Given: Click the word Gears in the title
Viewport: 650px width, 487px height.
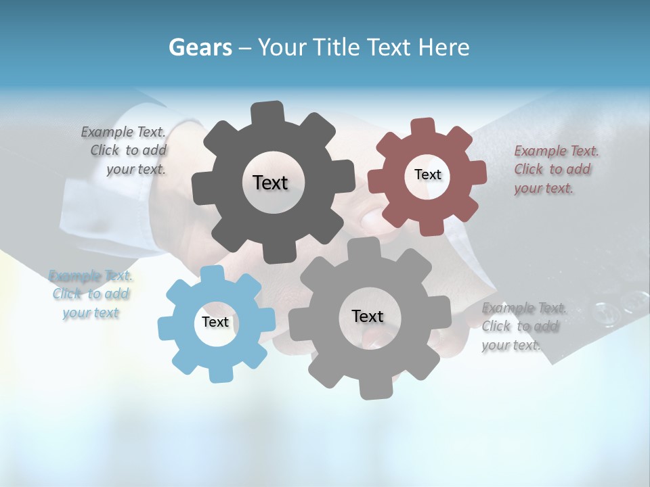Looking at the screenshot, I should coord(200,47).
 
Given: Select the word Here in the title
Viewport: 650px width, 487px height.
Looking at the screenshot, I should coord(443,47).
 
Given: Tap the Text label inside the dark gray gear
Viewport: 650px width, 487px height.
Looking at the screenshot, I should coord(270,183).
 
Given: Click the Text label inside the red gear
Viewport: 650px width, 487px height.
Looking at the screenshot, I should coord(427,175).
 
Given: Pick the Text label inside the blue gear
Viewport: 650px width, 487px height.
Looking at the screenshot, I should coord(215,322).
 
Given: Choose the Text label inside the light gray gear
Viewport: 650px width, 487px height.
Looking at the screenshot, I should coord(367,316).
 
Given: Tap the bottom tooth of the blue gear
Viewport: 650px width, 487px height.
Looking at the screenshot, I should coord(218,373).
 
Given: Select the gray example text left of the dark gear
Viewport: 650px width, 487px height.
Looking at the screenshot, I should coord(125,151).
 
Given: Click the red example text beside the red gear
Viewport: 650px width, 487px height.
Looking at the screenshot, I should coord(556,169).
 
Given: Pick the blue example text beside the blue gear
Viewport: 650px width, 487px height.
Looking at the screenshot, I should coord(91,294).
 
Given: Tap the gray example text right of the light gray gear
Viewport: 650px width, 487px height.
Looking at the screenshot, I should coord(523,327).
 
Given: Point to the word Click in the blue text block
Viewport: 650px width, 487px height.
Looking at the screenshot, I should coord(67,294).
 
